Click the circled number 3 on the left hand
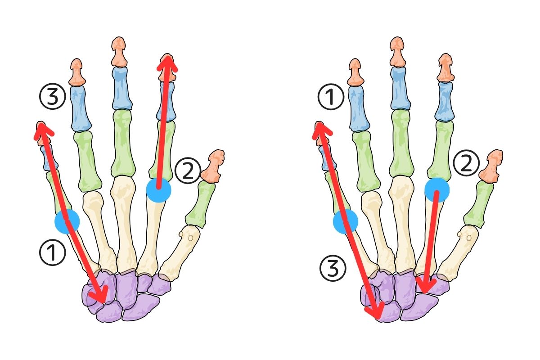tap(53, 98)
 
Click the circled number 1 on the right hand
tap(331, 98)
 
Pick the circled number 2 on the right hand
tap(466, 164)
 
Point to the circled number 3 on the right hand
tap(333, 269)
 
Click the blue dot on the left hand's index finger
tap(159, 190)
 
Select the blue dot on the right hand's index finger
tap(437, 189)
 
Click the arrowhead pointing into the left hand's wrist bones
tap(102, 295)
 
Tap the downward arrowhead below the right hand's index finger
tap(425, 285)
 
